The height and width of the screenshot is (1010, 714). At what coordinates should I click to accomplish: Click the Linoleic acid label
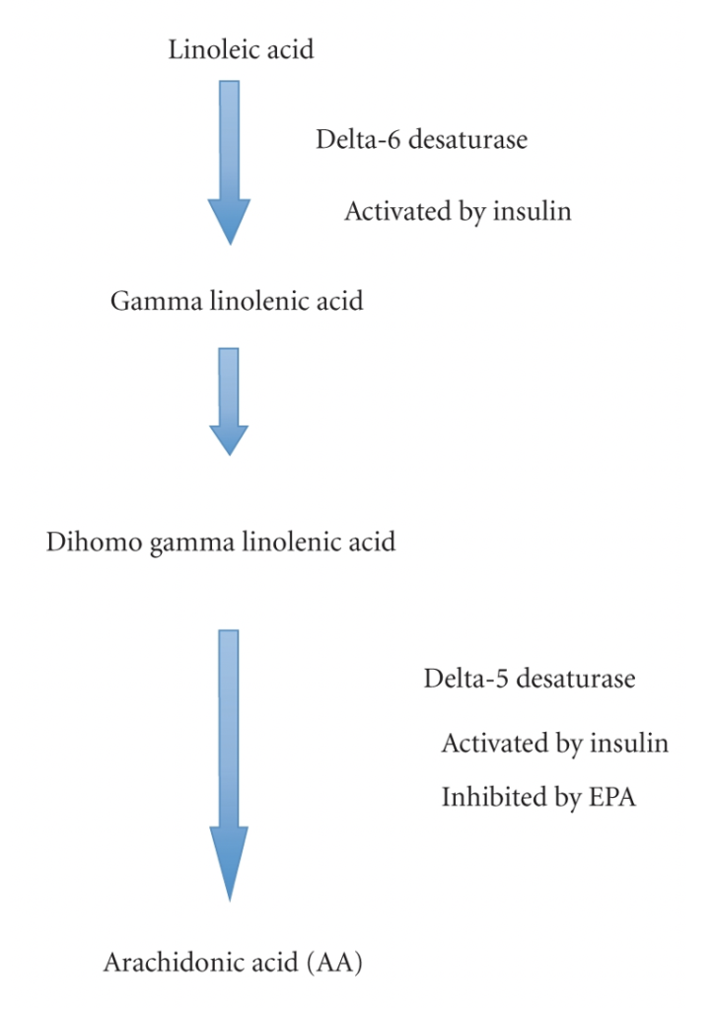tap(241, 49)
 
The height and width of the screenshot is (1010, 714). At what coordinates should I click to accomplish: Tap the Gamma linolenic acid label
tap(237, 301)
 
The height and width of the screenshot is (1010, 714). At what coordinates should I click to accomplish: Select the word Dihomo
tap(94, 541)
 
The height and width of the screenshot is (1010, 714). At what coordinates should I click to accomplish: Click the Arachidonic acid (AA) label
tap(233, 963)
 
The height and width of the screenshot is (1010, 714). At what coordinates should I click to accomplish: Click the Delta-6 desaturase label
tap(422, 139)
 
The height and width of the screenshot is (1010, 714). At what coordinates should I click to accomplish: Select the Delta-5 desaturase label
tap(530, 679)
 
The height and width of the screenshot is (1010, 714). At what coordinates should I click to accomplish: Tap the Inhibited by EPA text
tap(538, 797)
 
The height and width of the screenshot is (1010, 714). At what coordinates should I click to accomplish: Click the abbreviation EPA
tap(612, 797)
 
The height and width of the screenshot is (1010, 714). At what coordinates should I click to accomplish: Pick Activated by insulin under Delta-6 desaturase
tap(458, 212)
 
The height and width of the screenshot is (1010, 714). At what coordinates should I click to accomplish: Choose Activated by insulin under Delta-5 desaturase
tap(555, 744)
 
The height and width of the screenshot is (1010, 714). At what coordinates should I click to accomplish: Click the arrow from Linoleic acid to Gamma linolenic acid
tap(229, 163)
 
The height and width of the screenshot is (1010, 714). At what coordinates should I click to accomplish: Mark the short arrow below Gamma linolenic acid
tap(229, 402)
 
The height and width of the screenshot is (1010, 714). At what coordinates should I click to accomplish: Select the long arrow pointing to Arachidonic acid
tap(229, 765)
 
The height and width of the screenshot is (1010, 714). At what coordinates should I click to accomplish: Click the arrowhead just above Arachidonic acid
tap(229, 863)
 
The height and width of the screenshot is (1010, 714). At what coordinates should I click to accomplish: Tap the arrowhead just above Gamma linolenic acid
tap(229, 222)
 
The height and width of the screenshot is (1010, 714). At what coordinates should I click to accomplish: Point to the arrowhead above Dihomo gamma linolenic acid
tap(229, 441)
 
